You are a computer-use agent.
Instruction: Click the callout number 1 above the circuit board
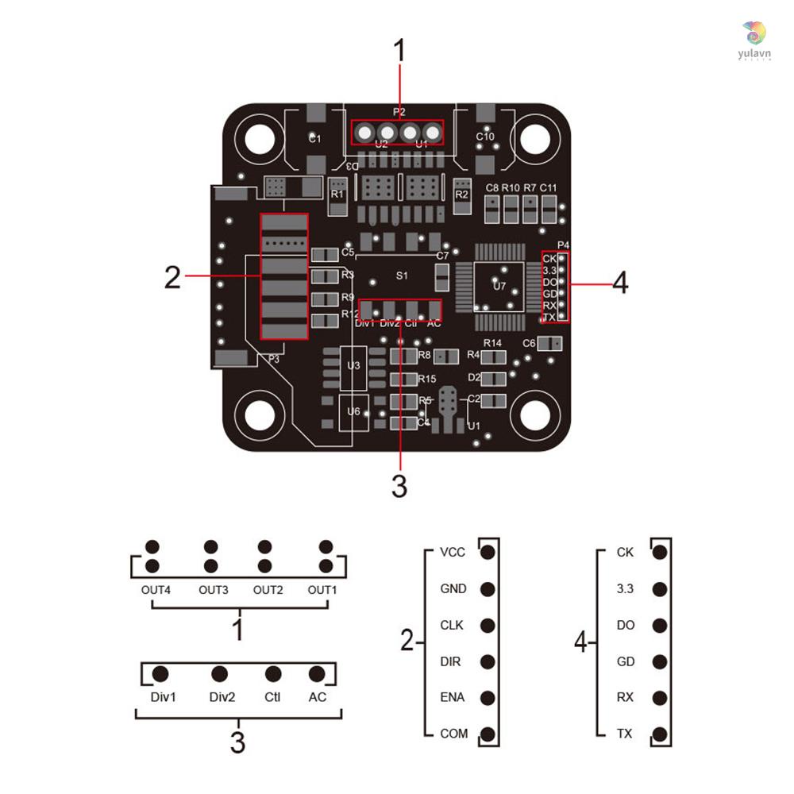click(399, 51)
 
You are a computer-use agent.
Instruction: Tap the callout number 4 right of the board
click(619, 283)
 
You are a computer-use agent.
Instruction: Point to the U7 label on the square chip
click(499, 286)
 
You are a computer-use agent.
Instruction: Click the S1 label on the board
click(402, 276)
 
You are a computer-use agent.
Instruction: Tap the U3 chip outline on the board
click(353, 366)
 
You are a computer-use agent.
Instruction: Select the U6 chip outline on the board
click(353, 411)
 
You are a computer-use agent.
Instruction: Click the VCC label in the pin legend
click(453, 553)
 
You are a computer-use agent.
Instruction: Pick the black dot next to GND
click(488, 589)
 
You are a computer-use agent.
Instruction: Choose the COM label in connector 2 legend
click(454, 734)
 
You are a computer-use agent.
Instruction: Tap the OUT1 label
click(323, 590)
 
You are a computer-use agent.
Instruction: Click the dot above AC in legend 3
click(317, 674)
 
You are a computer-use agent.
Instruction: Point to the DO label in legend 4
click(625, 626)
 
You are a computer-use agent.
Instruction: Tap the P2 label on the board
click(399, 113)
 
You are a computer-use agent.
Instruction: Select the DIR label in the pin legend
click(451, 661)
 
